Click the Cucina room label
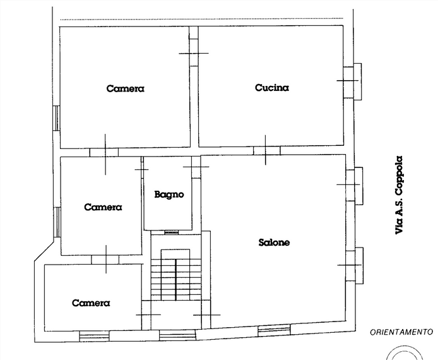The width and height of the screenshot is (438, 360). tap(272, 88)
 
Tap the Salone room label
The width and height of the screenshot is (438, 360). tap(274, 243)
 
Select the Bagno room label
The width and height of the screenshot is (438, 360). tap(169, 195)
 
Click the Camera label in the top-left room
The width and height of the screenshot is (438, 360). tap(126, 88)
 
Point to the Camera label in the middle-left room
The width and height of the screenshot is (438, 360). tap(103, 207)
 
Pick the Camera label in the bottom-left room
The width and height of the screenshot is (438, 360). tap(91, 303)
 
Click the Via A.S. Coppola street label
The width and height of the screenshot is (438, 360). tap(399, 195)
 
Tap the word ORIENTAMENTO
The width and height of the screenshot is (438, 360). tap(401, 332)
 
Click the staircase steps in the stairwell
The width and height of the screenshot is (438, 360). tap(176, 280)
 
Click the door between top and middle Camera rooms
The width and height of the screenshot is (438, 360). tap(104, 152)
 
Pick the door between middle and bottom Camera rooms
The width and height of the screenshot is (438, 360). tap(105, 260)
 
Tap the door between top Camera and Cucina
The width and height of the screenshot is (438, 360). tap(194, 46)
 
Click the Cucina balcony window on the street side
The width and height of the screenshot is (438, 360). tap(352, 81)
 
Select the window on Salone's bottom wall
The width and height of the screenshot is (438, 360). tap(274, 330)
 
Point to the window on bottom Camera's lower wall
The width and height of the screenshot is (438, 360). tap(94, 336)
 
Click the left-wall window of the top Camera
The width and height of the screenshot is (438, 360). tap(56, 118)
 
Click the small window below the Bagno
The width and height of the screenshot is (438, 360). tap(171, 232)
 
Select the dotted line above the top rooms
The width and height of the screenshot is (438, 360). tap(202, 20)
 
